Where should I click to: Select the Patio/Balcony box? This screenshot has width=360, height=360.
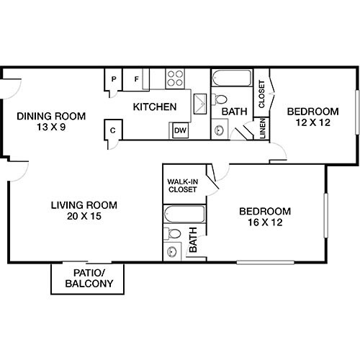pos(87,279)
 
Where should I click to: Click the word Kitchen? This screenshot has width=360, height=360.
pos(155,107)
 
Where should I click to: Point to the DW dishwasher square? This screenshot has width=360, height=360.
pos(179,130)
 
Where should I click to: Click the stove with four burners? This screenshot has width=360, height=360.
pos(176,78)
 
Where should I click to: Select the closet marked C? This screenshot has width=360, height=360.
pos(113,130)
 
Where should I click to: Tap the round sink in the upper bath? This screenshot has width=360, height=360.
pos(220,130)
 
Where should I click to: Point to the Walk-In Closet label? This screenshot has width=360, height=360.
pos(184,186)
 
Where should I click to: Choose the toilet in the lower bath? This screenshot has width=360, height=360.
pos(172,233)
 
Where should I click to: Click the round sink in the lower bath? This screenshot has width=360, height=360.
pos(171,251)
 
